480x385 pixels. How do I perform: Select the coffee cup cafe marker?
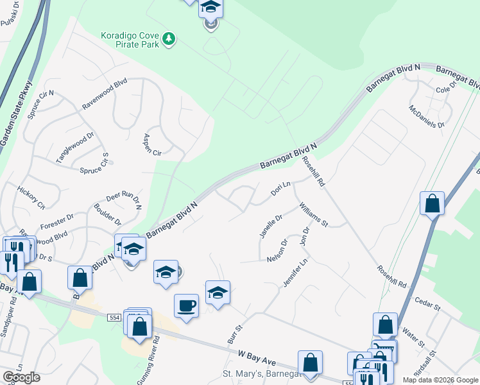186,305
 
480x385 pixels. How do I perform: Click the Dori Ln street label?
280,188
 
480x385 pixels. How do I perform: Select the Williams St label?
314,215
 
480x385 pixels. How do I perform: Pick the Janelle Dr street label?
270,226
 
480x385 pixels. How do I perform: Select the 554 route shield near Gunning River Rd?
131,328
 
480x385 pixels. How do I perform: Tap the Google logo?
21,377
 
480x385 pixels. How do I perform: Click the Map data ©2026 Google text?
440,380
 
